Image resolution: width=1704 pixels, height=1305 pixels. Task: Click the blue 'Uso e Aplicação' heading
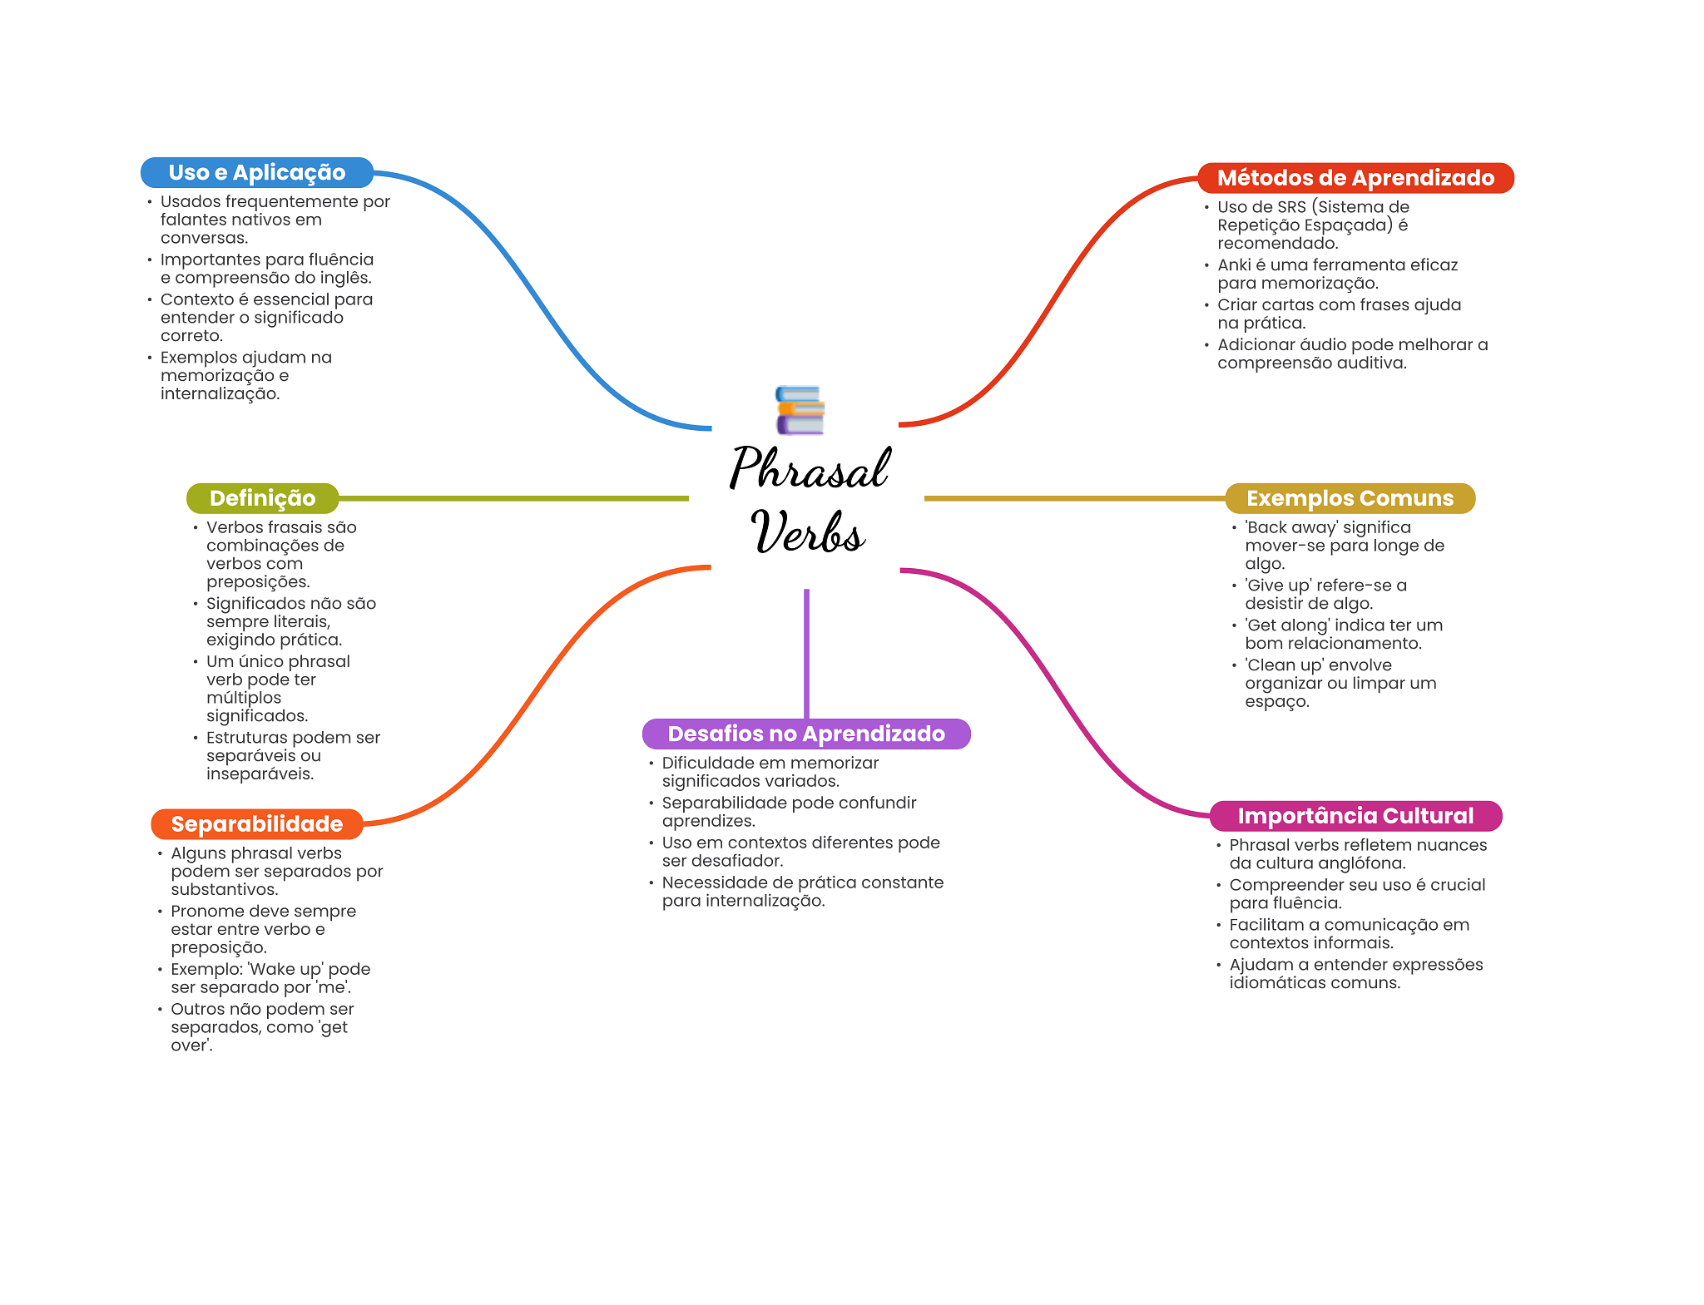point(257,172)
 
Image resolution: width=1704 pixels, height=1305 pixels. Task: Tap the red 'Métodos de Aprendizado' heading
point(1355,178)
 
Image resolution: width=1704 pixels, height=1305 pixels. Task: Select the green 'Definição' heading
point(262,498)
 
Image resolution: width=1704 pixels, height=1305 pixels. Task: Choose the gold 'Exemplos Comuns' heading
point(1350,498)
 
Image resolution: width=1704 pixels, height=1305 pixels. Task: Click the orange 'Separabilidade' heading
point(257,824)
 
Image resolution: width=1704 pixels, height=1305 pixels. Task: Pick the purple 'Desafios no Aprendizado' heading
point(806,734)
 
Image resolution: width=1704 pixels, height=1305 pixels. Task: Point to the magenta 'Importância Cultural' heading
point(1355,816)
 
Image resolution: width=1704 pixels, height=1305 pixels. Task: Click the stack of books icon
point(800,410)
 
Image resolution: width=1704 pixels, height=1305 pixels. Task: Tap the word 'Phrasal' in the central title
point(810,467)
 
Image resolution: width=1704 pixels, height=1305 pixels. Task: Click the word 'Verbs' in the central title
point(808,532)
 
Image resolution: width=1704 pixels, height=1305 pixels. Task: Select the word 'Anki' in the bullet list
point(1234,265)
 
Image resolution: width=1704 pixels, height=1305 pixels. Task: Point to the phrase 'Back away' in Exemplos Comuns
point(1290,527)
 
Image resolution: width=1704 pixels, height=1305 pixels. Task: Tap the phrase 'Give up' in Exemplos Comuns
point(1278,586)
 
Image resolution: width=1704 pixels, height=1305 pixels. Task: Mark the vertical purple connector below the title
point(806,654)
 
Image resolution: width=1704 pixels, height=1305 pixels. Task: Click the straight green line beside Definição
point(513,498)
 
